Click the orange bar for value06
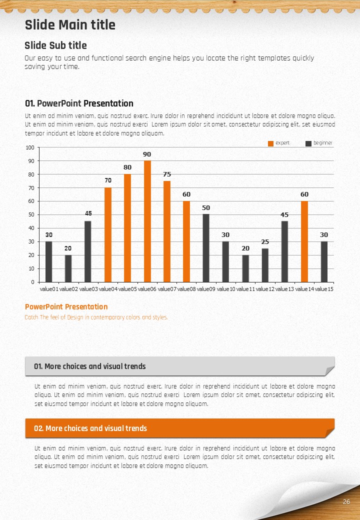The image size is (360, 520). click(147, 221)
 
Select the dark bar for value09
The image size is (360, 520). click(206, 248)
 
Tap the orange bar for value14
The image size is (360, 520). click(304, 241)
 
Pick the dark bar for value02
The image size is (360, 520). click(68, 268)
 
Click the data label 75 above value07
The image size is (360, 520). click(167, 174)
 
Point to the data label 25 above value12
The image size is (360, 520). click(265, 242)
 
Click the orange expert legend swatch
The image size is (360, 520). click(271, 143)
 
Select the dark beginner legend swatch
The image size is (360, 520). click(308, 143)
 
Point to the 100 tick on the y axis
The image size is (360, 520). click(30, 147)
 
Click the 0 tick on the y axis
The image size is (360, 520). click(32, 282)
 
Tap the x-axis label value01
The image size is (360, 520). click(49, 289)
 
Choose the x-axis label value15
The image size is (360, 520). click(324, 289)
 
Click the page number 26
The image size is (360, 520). click(346, 502)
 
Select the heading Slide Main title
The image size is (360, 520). click(70, 25)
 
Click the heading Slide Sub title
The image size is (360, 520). click(55, 45)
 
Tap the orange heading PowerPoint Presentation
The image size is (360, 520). click(66, 307)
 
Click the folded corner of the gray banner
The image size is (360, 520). click(330, 371)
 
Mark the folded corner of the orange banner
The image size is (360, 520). click(330, 433)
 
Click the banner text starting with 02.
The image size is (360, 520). click(90, 428)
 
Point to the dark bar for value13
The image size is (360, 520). click(285, 251)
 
